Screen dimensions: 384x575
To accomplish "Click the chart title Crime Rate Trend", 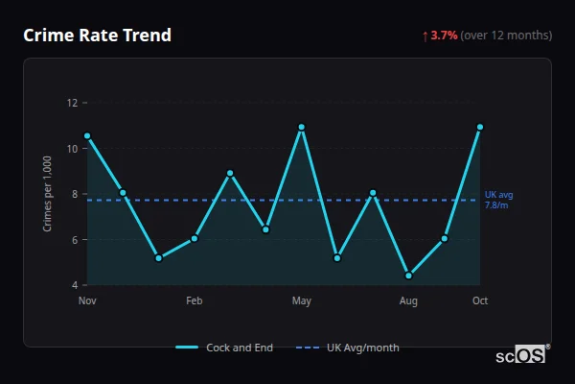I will (x=97, y=36).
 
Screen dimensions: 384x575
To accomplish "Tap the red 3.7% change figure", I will (x=444, y=36).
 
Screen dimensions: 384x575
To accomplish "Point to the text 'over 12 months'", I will (x=507, y=36).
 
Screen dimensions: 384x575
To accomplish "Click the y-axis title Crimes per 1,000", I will (x=48, y=194).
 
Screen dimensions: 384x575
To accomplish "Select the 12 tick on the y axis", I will (x=72, y=103).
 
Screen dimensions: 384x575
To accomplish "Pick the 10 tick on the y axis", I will (x=72, y=149).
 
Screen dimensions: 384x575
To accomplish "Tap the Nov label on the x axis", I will (x=87, y=301).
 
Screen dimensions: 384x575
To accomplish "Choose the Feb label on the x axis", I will (x=195, y=301).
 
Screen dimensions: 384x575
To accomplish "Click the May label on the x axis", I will (x=302, y=301).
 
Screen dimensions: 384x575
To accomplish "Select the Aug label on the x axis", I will (x=408, y=301).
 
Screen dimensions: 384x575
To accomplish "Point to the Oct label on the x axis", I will (x=480, y=301).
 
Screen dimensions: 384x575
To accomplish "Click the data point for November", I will (x=87, y=136).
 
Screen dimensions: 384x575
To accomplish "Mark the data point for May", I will (x=302, y=127).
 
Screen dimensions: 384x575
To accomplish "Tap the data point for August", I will (x=409, y=276).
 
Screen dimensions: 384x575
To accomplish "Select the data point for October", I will (x=480, y=127).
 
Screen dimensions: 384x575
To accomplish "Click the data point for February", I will (x=195, y=238).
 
